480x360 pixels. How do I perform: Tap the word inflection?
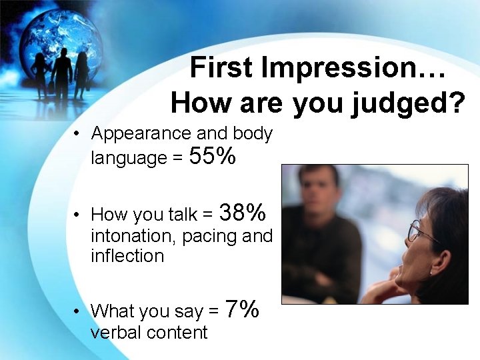click(x=127, y=256)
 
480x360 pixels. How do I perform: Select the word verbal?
click(x=117, y=332)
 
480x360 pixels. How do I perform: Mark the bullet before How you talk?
click(x=78, y=215)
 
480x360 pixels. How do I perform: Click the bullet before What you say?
click(x=78, y=311)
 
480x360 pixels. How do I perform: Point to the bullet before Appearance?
click(x=78, y=134)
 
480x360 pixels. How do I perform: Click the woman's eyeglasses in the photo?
click(x=420, y=232)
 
